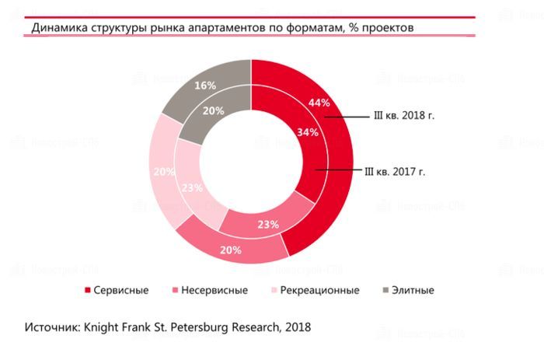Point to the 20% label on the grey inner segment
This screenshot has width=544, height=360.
(214, 110)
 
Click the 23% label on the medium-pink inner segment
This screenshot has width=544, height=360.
(267, 224)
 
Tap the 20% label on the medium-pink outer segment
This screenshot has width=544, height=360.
(231, 250)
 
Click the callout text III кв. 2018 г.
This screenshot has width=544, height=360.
(403, 115)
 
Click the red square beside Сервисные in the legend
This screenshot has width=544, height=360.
(87, 291)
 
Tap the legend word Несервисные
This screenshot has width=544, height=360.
(214, 291)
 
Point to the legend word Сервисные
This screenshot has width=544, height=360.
(121, 291)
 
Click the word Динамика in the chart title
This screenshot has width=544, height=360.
(56, 28)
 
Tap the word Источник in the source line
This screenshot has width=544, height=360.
(52, 327)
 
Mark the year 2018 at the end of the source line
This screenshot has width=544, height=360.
(297, 327)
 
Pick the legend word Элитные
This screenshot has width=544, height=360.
(413, 291)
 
